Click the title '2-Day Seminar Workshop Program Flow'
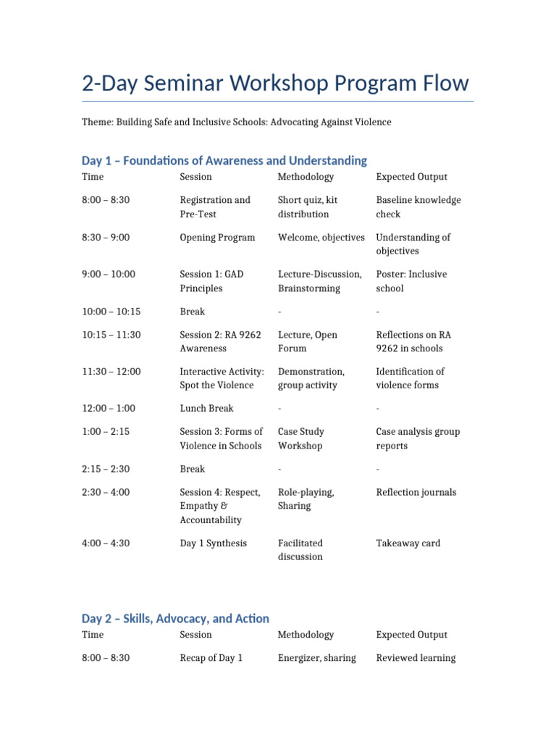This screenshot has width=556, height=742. pyautogui.click(x=275, y=83)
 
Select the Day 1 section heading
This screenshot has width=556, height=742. pyautogui.click(x=224, y=160)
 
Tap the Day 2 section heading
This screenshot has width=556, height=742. pyautogui.click(x=175, y=618)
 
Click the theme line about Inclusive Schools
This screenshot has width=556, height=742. pyautogui.click(x=236, y=122)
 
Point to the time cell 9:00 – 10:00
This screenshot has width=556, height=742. pyautogui.click(x=109, y=274)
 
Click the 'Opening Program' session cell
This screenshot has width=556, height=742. pyautogui.click(x=217, y=237)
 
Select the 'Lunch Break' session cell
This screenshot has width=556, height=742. pyautogui.click(x=206, y=408)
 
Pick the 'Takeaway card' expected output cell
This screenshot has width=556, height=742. pyautogui.click(x=408, y=543)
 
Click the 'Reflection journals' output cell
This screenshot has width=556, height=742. pyautogui.click(x=416, y=492)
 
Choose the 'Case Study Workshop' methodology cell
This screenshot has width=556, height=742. pyautogui.click(x=300, y=438)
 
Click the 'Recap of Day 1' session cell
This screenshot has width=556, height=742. pyautogui.click(x=211, y=658)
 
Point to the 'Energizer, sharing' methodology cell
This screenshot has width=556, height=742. pyautogui.click(x=316, y=658)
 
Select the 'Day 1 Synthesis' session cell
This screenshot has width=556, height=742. pyautogui.click(x=213, y=543)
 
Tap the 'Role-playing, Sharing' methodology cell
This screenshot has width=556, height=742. pyautogui.click(x=306, y=499)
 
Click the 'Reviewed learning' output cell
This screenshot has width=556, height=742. pyautogui.click(x=416, y=658)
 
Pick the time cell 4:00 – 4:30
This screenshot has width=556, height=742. pyautogui.click(x=106, y=543)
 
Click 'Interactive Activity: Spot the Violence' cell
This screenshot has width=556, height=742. pyautogui.click(x=222, y=378)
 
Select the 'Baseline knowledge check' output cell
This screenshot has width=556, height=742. pyautogui.click(x=418, y=207)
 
